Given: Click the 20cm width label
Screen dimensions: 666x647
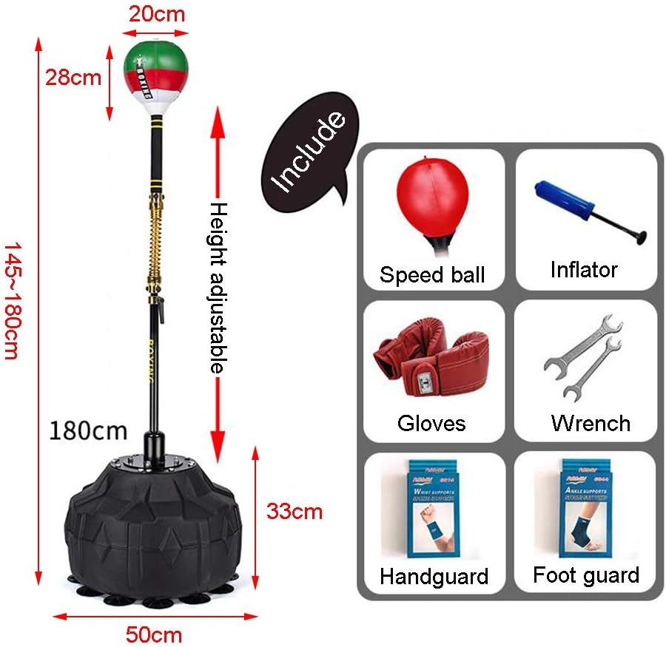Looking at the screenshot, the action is (155, 13).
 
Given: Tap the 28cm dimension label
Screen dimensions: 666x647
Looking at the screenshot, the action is (74, 77).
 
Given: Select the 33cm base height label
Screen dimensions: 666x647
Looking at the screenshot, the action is (295, 510).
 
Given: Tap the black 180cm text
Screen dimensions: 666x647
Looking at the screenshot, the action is (89, 430).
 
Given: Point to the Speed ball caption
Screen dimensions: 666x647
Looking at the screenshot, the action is (432, 274).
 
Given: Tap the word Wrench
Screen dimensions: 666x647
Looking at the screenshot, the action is (591, 423).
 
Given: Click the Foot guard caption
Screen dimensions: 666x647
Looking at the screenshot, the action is (585, 575).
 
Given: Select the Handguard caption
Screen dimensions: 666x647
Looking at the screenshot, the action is (434, 576).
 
